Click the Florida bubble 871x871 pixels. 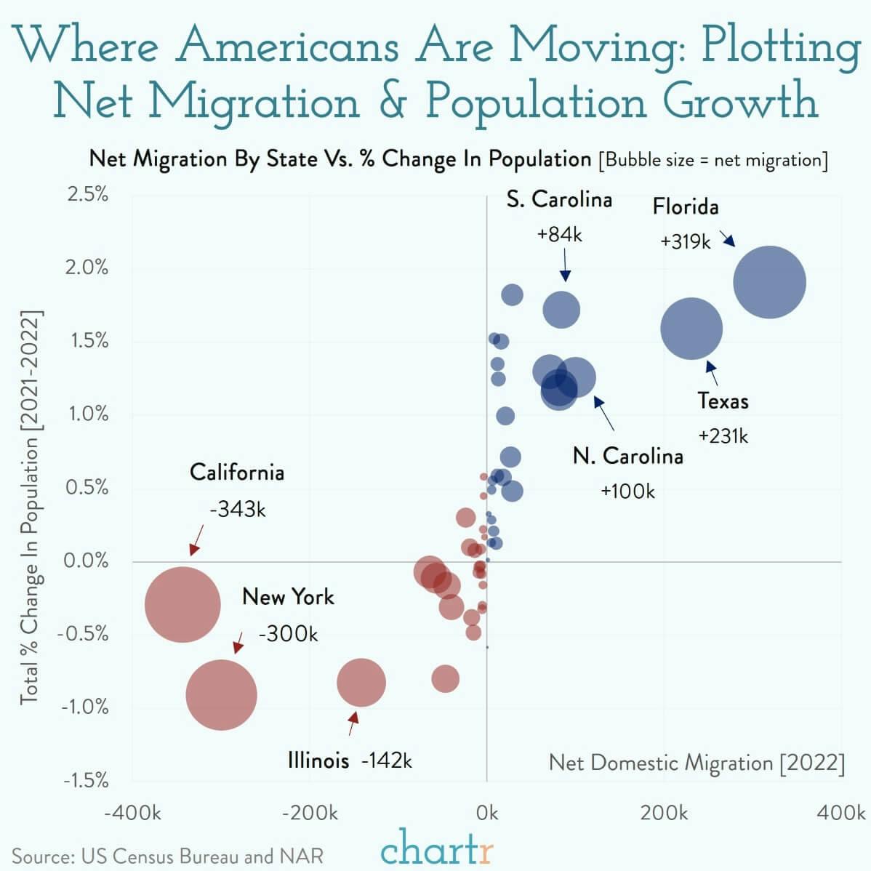pyautogui.click(x=769, y=282)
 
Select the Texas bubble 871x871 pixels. pyautogui.click(x=691, y=329)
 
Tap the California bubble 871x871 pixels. pyautogui.click(x=182, y=605)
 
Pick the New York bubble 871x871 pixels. pyautogui.click(x=221, y=694)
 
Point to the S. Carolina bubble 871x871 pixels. pyautogui.click(x=561, y=310)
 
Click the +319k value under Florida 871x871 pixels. pyautogui.click(x=685, y=241)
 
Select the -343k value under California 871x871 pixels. pyautogui.click(x=238, y=509)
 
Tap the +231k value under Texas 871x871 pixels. pyautogui.click(x=723, y=435)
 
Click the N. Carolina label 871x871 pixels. pyautogui.click(x=628, y=456)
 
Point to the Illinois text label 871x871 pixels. pyautogui.click(x=318, y=760)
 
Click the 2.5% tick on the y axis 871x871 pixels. pyautogui.click(x=87, y=194)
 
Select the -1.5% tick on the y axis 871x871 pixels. pyautogui.click(x=86, y=781)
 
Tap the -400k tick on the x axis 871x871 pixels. pyautogui.click(x=132, y=813)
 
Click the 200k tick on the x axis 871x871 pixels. pyautogui.click(x=664, y=813)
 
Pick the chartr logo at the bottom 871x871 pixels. pyautogui.click(x=436, y=848)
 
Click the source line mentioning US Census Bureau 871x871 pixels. pyautogui.click(x=168, y=856)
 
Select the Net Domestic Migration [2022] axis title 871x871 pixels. pyautogui.click(x=697, y=763)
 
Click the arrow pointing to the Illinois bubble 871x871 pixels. pyautogui.click(x=353, y=723)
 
